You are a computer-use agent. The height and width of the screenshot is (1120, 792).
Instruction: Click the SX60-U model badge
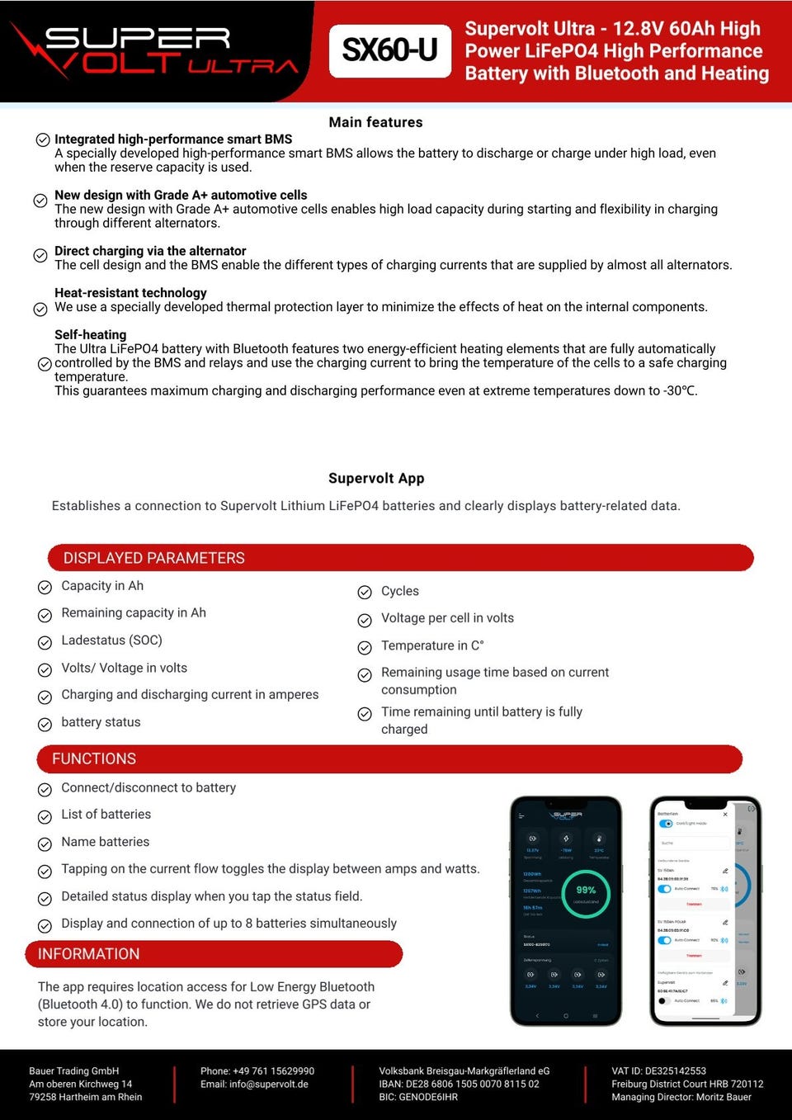pyautogui.click(x=389, y=50)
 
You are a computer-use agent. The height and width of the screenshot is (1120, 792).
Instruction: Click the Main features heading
pyautogui.click(x=375, y=122)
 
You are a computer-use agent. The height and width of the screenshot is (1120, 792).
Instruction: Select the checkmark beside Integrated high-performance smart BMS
pyautogui.click(x=43, y=139)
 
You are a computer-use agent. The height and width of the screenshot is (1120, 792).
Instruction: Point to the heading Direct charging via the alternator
pyautogui.click(x=150, y=251)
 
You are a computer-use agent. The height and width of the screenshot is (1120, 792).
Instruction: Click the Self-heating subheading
pyautogui.click(x=90, y=335)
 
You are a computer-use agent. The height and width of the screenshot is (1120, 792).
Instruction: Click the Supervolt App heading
pyautogui.click(x=376, y=478)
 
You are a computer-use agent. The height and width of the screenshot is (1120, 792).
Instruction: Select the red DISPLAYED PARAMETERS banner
pyautogui.click(x=400, y=558)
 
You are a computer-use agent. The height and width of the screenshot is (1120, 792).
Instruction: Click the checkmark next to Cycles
pyautogui.click(x=365, y=592)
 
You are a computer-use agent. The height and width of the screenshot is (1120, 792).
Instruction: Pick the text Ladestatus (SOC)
pyautogui.click(x=111, y=640)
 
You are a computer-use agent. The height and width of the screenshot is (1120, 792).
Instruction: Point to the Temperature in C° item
pyautogui.click(x=432, y=645)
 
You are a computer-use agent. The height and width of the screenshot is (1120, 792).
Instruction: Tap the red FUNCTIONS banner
pyautogui.click(x=389, y=758)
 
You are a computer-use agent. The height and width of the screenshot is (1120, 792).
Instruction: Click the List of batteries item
pyautogui.click(x=106, y=815)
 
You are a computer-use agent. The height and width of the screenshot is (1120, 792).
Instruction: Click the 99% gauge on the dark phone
pyautogui.click(x=586, y=892)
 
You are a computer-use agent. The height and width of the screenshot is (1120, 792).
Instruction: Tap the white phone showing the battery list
pyautogui.click(x=705, y=910)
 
